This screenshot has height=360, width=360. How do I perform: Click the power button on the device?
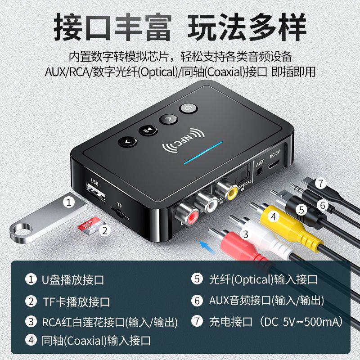click(187, 108)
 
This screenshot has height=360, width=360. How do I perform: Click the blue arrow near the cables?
click(207, 245)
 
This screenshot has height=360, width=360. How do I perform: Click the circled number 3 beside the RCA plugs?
click(245, 234)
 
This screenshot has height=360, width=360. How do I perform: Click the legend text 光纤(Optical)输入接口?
click(263, 279)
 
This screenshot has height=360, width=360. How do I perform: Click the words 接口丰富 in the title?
click(112, 28)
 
